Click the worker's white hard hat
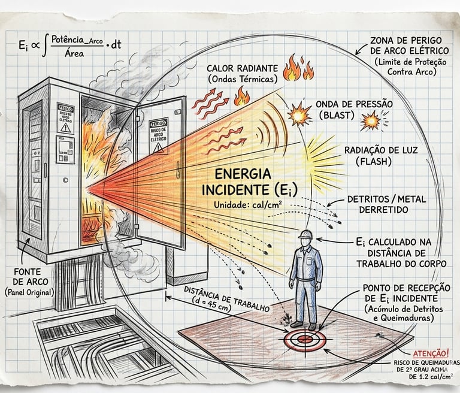tap(306, 234)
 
